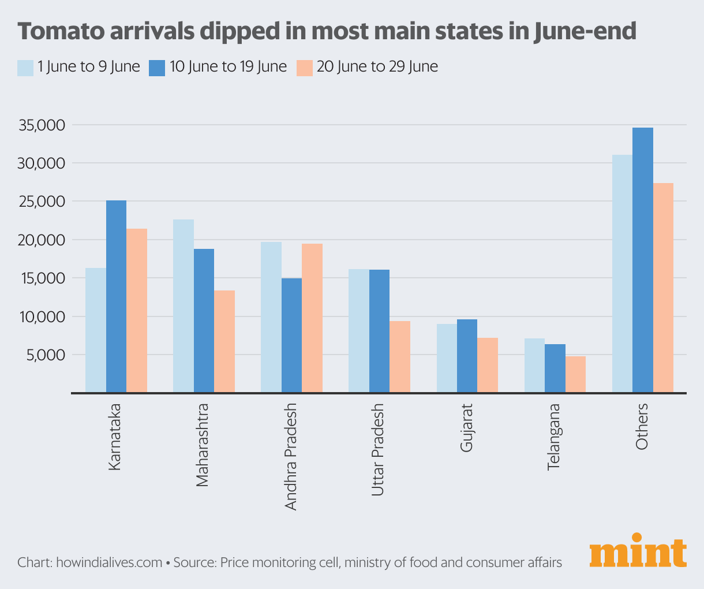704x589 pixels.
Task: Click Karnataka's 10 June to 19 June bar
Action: [116, 296]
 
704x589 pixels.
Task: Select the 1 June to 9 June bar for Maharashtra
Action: [184, 306]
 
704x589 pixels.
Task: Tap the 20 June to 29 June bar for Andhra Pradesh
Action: [312, 318]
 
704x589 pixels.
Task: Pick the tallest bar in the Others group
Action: [642, 260]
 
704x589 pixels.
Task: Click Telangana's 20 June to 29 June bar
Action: [575, 374]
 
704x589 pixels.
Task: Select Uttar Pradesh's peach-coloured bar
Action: [400, 357]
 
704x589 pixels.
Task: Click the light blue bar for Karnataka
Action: [96, 330]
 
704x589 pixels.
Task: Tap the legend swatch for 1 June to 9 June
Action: [25, 68]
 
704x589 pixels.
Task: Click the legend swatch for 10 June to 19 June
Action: [157, 68]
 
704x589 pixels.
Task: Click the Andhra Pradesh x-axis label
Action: [291, 457]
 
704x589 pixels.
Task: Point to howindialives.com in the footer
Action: [109, 562]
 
